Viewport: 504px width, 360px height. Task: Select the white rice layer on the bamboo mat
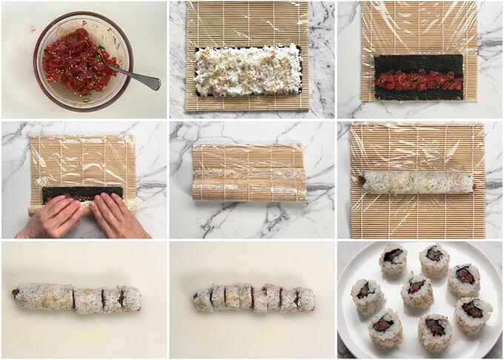[248, 71]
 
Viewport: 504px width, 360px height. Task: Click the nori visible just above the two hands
[82, 193]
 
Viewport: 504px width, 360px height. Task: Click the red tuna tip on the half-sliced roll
[15, 293]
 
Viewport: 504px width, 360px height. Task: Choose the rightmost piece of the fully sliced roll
[305, 299]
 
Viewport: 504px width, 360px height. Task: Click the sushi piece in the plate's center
[417, 290]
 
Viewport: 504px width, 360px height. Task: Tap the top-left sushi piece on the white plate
[392, 259]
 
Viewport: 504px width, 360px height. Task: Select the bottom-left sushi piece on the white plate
[385, 328]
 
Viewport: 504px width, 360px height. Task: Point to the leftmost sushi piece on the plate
[367, 295]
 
